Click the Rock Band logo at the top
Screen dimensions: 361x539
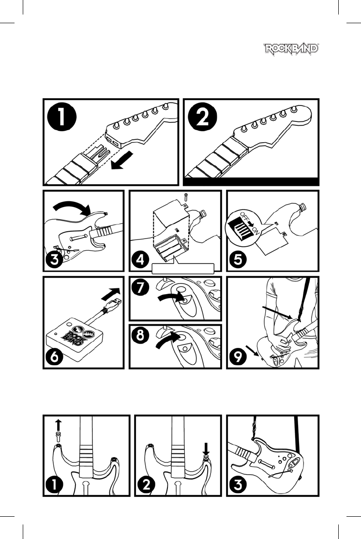click(291, 48)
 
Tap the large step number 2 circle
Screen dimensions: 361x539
click(203, 118)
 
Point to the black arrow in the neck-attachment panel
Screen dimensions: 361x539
click(122, 161)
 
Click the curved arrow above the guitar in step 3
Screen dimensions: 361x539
click(72, 205)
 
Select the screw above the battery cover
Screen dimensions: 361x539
click(185, 197)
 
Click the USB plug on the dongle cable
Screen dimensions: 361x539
click(113, 305)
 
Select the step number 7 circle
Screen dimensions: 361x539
click(140, 287)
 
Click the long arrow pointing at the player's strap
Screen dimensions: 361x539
click(277, 313)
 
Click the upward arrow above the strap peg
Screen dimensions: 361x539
click(58, 425)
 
